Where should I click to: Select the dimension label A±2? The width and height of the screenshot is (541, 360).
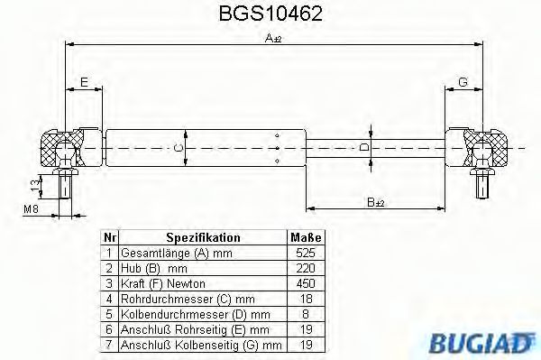coord(271,38)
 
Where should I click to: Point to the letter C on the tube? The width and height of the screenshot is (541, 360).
coord(179,147)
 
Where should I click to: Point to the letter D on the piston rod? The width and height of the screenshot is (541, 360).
coord(363,146)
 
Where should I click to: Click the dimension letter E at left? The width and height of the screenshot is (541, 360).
coord(84,83)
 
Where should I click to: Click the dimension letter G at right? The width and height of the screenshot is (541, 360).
coord(463,83)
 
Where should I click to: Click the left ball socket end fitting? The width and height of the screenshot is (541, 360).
coord(62,148)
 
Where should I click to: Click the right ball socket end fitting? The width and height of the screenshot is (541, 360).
coord(483,148)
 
